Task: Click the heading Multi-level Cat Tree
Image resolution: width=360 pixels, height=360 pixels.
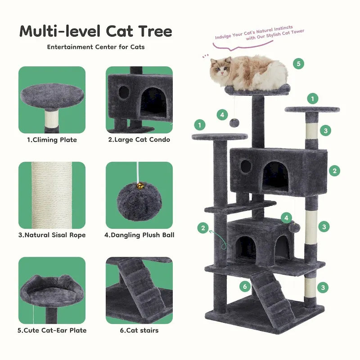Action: coord(95,31)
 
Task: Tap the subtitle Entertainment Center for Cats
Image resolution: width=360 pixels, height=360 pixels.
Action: coord(95,47)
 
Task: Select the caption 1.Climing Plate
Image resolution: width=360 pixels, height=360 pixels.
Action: coord(52,139)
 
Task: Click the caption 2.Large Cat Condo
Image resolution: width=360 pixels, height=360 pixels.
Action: coord(139,139)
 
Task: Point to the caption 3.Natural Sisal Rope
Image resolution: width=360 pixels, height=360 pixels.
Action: coord(52,235)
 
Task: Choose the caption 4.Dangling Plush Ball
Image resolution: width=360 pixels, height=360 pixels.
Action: coord(139,235)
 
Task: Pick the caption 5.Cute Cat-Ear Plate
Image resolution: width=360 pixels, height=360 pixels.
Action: coord(52,330)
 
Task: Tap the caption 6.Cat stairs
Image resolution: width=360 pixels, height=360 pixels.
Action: coord(139,330)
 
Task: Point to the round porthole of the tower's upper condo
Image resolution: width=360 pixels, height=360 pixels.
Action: coord(246,166)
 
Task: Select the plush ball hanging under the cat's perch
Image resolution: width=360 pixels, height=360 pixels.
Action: coord(234,122)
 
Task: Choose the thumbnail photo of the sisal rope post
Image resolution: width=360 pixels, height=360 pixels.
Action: coord(52,195)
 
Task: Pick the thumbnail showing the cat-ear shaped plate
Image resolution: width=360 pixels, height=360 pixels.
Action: coord(52,290)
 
